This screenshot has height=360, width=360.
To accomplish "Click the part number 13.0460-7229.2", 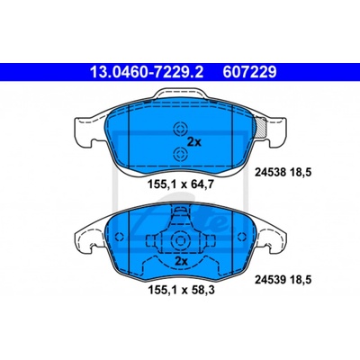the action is pos(147,72).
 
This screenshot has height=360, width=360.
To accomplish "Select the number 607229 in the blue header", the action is pos(249,72).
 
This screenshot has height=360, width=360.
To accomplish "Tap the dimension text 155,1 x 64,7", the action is pos(181,184).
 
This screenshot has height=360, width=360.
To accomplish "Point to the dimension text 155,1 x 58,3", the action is pos(181,290).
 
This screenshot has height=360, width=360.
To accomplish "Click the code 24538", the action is pos(271,172).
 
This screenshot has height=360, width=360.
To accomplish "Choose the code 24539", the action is pos(271,280).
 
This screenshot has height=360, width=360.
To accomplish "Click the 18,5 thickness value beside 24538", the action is pos(301,172).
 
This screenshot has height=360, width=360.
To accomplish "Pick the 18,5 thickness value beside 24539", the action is pos(301,280).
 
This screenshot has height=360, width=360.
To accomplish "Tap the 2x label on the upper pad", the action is pos(193,141).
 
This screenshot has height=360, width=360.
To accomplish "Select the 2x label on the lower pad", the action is pos(181,261).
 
